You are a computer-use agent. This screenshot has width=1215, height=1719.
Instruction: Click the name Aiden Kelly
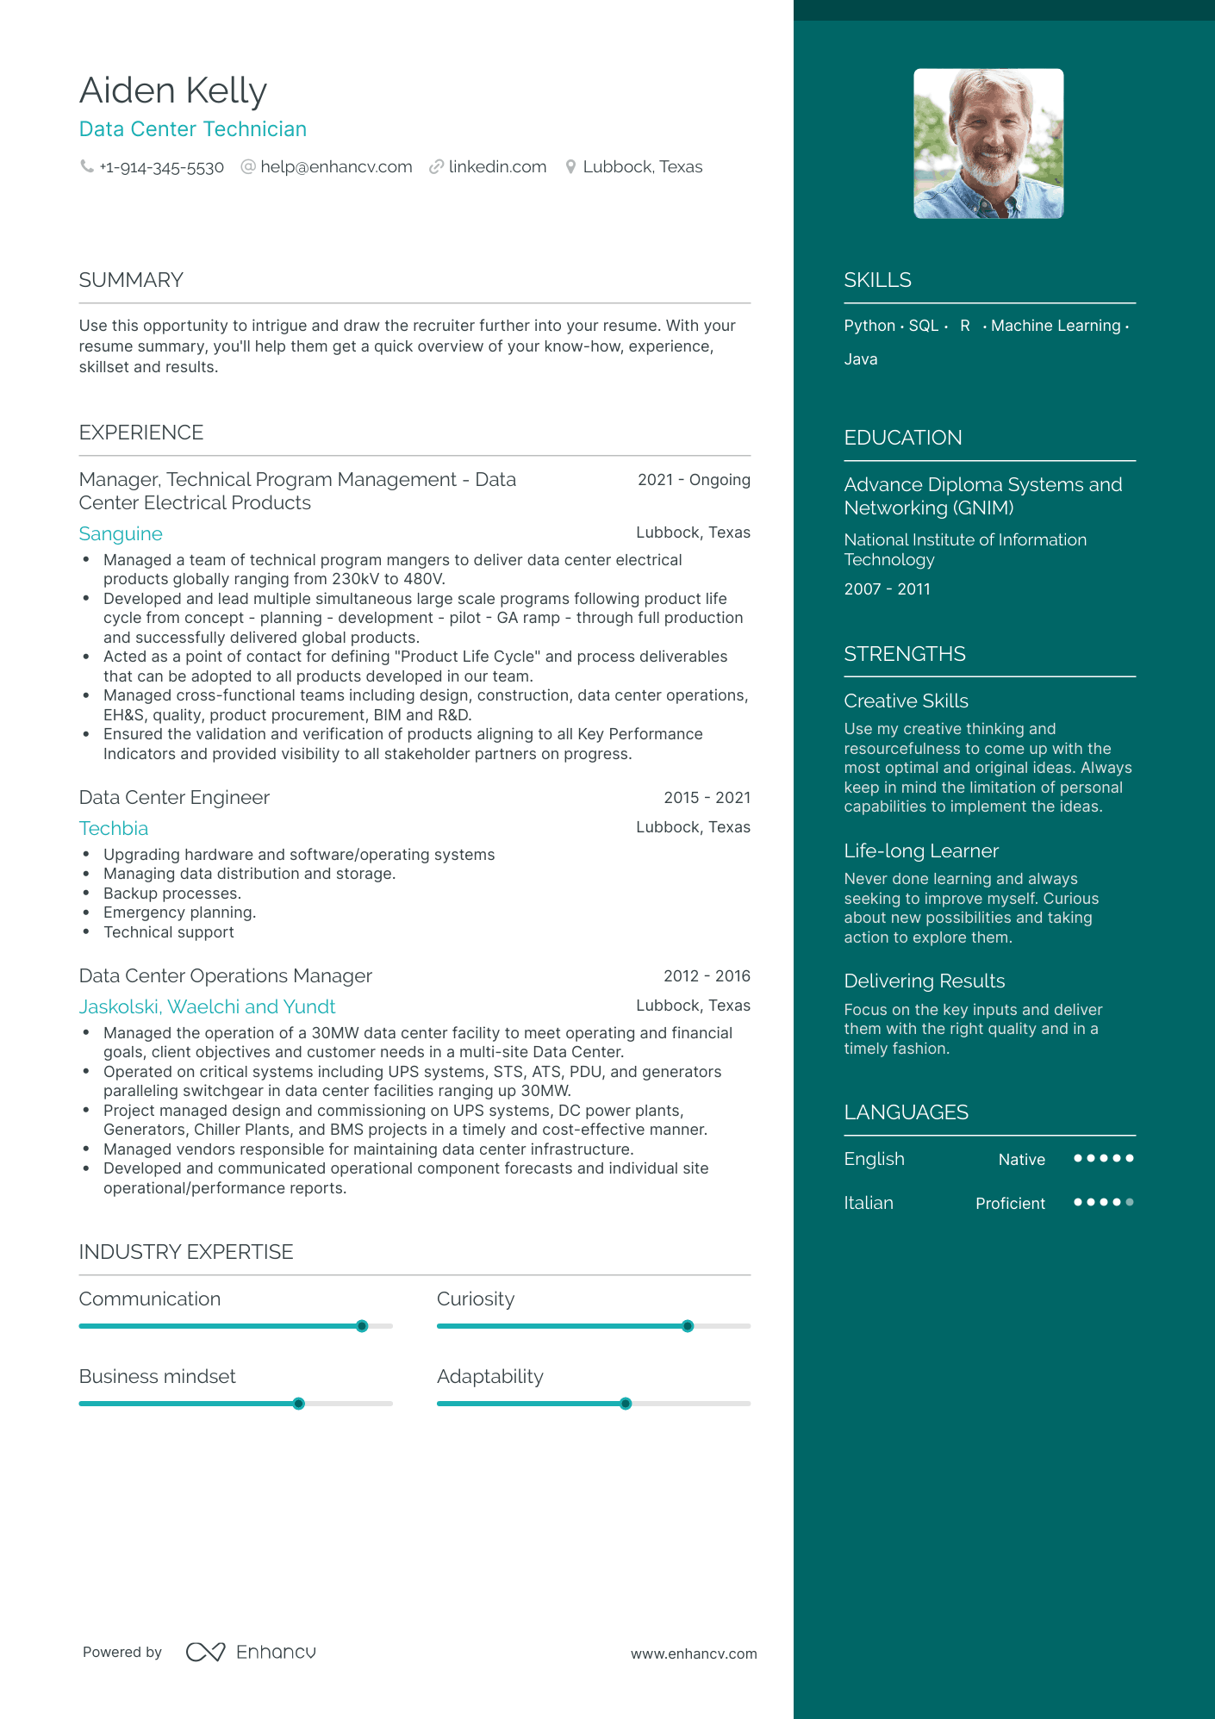173,91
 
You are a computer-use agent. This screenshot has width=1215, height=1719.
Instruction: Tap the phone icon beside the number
86,166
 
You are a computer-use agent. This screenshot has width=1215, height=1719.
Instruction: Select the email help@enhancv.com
336,167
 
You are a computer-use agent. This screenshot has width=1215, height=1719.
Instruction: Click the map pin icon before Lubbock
570,167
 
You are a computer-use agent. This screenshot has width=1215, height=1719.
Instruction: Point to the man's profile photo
988,143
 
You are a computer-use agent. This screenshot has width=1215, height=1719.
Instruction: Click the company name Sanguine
121,534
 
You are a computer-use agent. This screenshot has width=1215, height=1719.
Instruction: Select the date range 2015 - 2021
707,798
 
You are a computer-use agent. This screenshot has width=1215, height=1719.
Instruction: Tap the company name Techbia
114,829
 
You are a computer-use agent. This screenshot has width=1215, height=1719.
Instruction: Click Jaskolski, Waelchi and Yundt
207,1007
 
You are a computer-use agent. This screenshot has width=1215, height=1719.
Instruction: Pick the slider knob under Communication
362,1326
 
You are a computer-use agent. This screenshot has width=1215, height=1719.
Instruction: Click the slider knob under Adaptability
626,1404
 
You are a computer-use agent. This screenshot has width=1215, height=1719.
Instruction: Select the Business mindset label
157,1377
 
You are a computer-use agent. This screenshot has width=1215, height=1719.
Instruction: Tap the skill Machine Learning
1056,326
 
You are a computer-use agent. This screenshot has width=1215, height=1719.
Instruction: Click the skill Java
861,359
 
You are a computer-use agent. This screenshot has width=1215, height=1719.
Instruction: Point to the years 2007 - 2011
887,589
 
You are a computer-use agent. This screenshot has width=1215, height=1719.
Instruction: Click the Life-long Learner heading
921,851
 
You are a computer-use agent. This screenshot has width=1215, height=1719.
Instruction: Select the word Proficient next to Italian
1010,1204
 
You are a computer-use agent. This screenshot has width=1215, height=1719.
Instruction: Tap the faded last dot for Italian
1130,1202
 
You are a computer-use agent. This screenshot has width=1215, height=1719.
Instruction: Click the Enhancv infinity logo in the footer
205,1652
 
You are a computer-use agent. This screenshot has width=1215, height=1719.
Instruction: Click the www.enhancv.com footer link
694,1654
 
